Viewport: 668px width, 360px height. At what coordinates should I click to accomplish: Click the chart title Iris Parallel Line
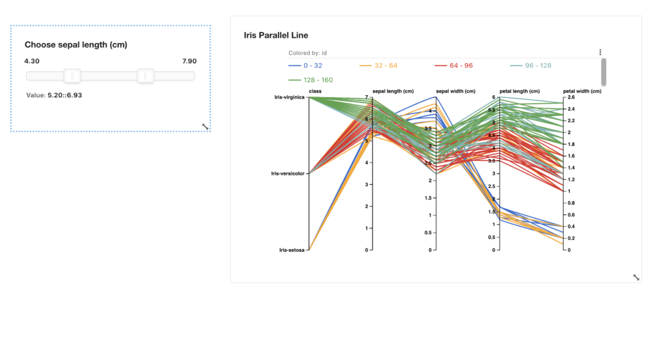pos(275,35)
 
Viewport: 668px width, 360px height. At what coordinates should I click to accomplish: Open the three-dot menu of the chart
pos(600,52)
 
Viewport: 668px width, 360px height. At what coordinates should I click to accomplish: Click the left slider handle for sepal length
pos(72,76)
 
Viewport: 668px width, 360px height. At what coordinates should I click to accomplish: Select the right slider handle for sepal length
pos(145,76)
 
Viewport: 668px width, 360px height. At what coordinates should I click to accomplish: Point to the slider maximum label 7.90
pos(189,61)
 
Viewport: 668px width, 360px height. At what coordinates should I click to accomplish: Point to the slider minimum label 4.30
pos(32,61)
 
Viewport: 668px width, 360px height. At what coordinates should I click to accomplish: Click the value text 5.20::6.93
pos(65,95)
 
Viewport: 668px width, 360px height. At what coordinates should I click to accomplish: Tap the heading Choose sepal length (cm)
pos(76,44)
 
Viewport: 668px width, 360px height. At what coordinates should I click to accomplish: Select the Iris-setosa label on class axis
pos(292,250)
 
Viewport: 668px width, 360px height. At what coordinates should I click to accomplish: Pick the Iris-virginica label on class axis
pos(288,97)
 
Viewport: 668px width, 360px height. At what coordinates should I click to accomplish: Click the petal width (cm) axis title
pos(582,91)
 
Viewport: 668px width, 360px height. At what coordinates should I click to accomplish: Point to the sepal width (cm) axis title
pos(455,91)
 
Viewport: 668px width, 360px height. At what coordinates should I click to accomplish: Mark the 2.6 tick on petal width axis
pos(571,97)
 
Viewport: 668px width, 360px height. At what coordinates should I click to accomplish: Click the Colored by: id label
pos(307,53)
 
